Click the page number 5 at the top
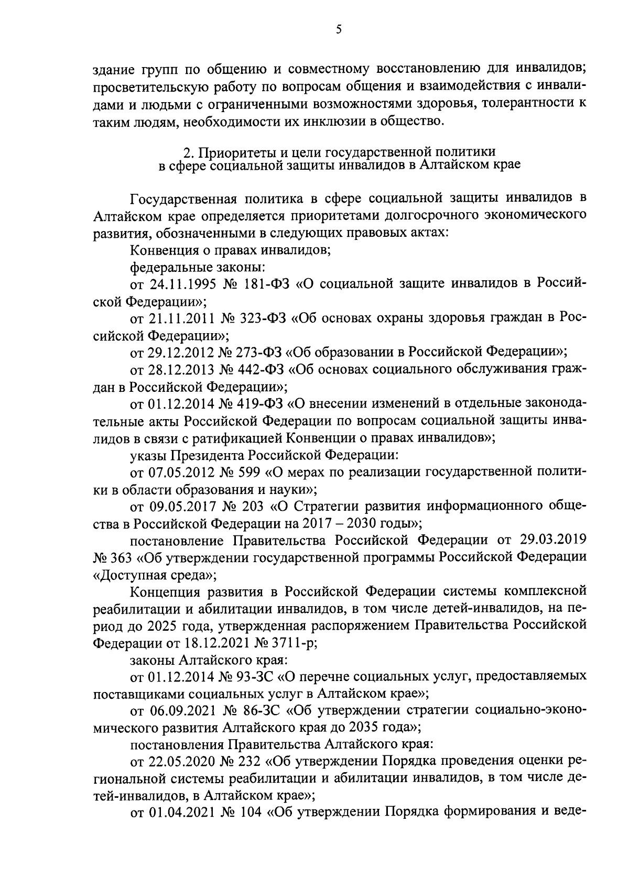point(339,30)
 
